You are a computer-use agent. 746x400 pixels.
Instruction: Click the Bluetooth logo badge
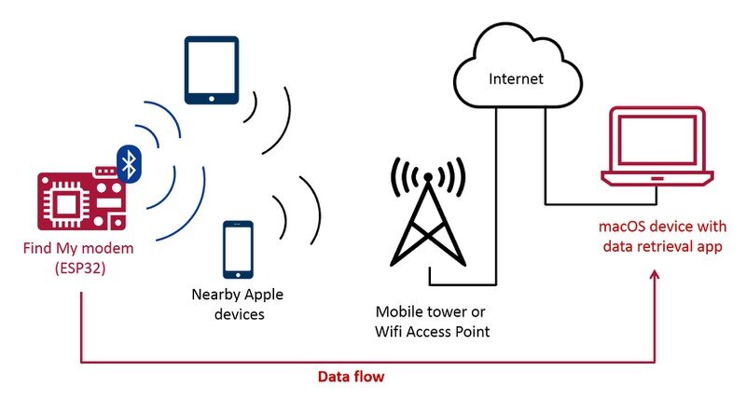pos(130,164)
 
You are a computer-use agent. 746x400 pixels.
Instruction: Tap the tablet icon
pos(212,70)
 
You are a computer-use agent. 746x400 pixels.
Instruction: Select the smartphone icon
pos(238,250)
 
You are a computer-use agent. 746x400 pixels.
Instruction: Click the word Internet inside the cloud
pos(516,78)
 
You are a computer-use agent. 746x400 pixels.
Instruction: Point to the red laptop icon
pos(657,146)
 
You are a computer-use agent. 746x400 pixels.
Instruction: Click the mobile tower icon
pos(428,212)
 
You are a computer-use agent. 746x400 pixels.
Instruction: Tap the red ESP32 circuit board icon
pos(82,200)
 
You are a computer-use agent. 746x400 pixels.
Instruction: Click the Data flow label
pos(351,377)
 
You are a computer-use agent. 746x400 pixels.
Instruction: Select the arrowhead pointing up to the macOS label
pos(656,276)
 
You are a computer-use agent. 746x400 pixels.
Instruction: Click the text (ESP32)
pos(80,269)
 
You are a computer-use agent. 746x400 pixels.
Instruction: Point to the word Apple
pos(263,295)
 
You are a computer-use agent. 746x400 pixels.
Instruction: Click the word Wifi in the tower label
pos(384,332)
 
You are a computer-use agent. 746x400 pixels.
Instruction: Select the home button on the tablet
pos(212,99)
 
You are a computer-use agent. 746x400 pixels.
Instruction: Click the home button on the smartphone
pos(238,275)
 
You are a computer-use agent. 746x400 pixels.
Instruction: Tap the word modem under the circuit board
pos(114,248)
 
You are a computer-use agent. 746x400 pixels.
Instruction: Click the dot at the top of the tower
pos(428,177)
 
